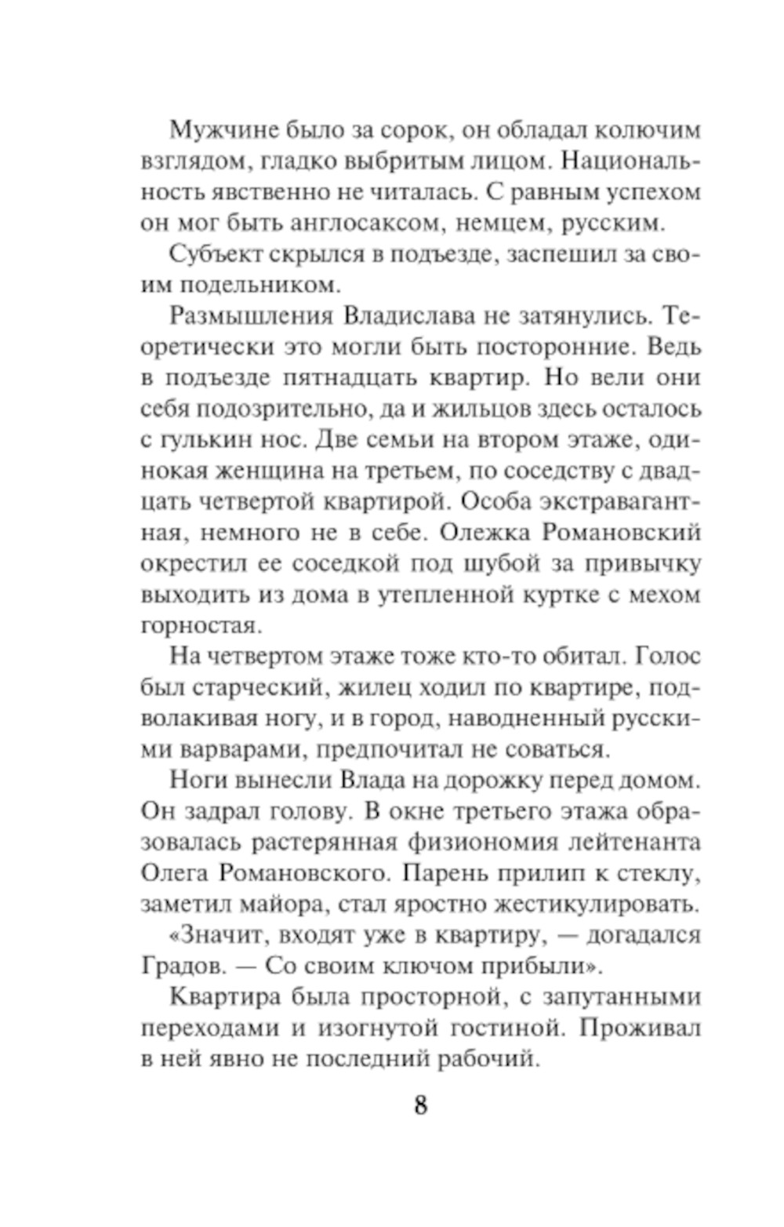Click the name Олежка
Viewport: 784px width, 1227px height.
pyautogui.click(x=485, y=533)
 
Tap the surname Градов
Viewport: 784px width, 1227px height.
pyautogui.click(x=181, y=966)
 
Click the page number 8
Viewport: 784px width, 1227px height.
pyautogui.click(x=420, y=1105)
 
